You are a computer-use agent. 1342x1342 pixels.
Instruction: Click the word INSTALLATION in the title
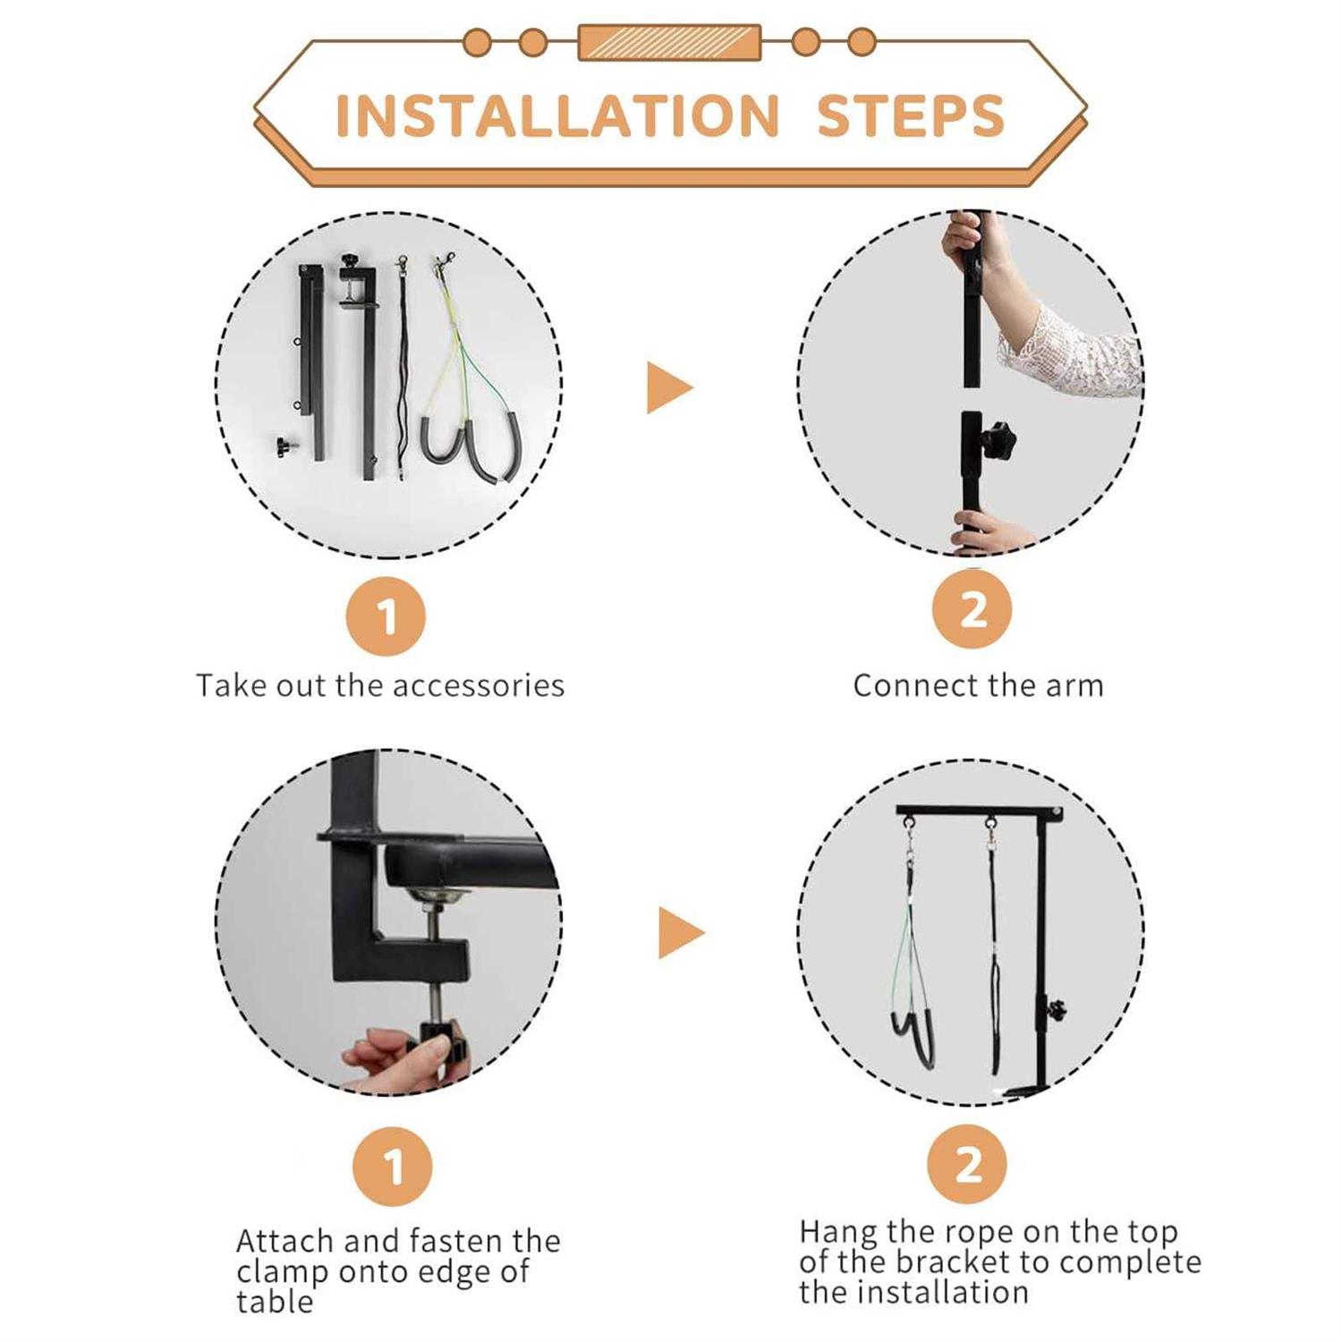556,116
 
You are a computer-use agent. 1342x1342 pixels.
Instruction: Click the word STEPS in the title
911,116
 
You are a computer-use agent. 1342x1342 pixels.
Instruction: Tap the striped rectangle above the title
669,42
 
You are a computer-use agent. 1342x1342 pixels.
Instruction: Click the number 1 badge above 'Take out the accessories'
386,616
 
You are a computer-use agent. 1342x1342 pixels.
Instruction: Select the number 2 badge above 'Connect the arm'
972,610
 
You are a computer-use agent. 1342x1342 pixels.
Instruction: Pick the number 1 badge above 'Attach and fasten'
393,1167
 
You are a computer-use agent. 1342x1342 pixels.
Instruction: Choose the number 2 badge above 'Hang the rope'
968,1164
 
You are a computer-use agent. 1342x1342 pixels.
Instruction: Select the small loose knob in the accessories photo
285,445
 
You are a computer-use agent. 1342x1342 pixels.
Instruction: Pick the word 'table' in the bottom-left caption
275,1302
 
